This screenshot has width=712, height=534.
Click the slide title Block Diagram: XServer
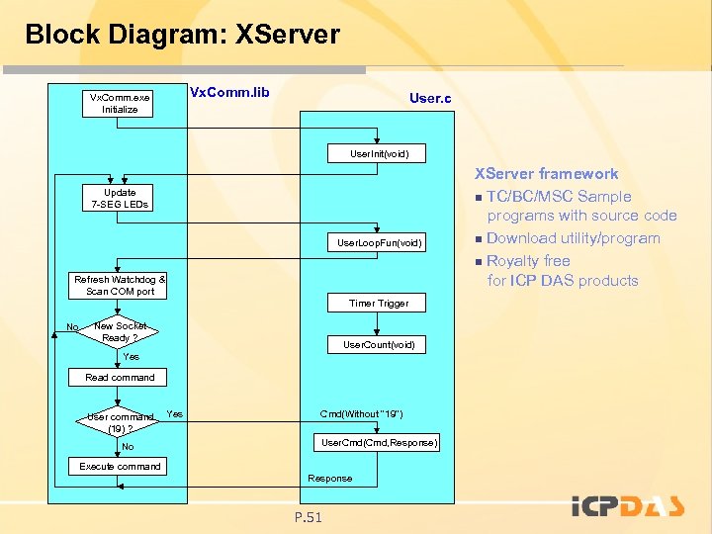click(x=182, y=35)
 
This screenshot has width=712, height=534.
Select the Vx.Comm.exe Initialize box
click(x=120, y=103)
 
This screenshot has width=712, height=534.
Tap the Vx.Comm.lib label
click(x=228, y=92)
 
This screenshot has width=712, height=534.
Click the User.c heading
click(x=430, y=99)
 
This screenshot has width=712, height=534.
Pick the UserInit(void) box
click(x=379, y=153)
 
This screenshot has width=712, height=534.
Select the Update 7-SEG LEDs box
click(x=120, y=198)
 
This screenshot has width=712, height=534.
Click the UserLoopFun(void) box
click(x=379, y=242)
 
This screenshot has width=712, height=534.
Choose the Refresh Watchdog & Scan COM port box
click(x=120, y=286)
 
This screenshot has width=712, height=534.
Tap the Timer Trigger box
click(x=379, y=303)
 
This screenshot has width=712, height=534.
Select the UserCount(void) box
click(x=379, y=344)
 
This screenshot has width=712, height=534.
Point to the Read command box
click(x=120, y=377)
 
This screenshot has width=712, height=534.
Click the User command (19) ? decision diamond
click(x=120, y=422)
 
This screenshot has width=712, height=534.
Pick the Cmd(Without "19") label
click(x=361, y=413)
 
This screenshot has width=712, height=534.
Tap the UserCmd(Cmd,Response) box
click(x=379, y=441)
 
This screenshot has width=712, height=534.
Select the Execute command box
click(x=120, y=466)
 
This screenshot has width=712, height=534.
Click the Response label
click(x=329, y=479)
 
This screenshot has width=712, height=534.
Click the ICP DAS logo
click(x=628, y=506)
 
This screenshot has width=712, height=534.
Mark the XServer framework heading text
click(x=547, y=174)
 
